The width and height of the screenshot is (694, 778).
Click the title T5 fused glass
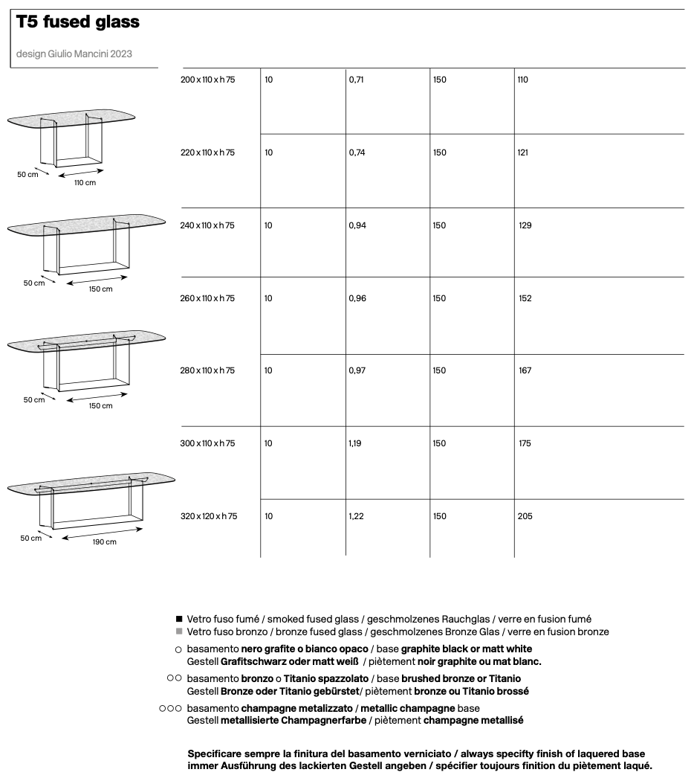78,22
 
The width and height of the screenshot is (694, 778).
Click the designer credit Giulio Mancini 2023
74,54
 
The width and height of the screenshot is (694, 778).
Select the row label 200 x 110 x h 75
207,80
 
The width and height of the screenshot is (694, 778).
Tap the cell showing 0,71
357,80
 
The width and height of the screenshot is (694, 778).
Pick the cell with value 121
523,152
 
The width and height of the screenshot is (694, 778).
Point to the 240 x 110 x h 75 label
207,225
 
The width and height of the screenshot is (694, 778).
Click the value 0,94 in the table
357,225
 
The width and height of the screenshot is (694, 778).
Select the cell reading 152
525,298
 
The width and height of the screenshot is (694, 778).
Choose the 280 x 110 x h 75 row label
207,370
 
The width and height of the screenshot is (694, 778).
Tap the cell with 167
525,370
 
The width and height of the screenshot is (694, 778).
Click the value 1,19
356,443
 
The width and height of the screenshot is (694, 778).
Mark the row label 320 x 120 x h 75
209,516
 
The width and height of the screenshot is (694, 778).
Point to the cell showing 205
525,516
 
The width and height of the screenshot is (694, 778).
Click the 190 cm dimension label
104,542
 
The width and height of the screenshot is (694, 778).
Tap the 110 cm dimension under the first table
85,182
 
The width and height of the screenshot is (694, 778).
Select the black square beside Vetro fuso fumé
178,619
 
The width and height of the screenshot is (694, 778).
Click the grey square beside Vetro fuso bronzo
178,631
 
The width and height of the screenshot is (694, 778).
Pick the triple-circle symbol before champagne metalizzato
170,709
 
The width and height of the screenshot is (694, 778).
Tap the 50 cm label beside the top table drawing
28,174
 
